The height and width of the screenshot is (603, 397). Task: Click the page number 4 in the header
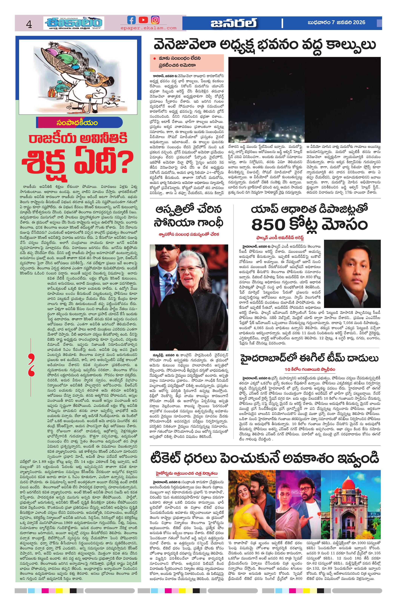[29, 25]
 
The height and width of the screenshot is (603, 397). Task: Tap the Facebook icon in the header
[131, 20]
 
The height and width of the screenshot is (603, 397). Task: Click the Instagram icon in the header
[155, 20]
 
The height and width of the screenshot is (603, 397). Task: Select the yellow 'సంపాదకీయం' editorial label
[77, 123]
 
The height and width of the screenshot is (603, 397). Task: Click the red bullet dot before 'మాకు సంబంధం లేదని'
[154, 58]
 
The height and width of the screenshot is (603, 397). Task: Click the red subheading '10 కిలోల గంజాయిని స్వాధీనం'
[310, 369]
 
